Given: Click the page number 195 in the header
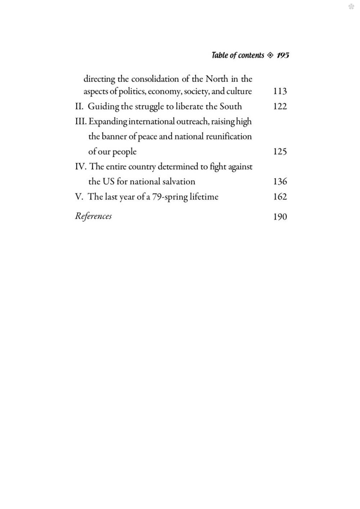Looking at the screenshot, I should coord(283,55).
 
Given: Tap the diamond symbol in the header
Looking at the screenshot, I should coord(270,55).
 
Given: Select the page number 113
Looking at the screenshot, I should coord(280,91).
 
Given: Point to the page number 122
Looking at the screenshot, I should coord(280,106).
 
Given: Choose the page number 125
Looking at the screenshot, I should coord(280,151).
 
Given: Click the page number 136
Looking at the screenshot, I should coord(280,182).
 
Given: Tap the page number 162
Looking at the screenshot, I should coord(280,197).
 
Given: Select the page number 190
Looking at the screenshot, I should coord(280,217).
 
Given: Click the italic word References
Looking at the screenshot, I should coord(93,216).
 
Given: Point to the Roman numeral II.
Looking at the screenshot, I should coord(79,106).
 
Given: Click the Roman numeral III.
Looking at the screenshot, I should coord(81,122).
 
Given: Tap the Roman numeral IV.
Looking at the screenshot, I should coord(80,167).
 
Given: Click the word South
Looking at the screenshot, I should coord(231,106).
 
